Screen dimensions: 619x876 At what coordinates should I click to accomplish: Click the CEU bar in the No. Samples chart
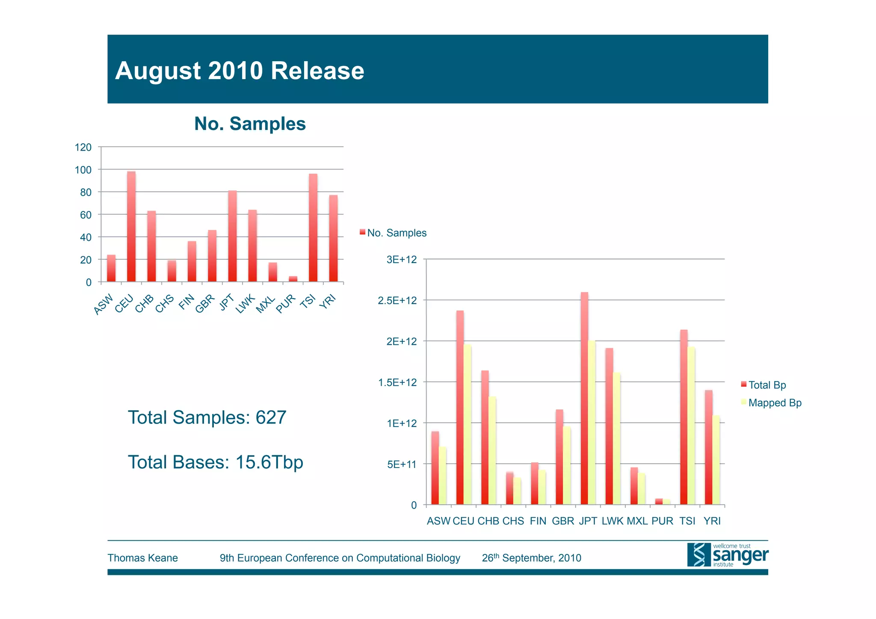[x=131, y=227]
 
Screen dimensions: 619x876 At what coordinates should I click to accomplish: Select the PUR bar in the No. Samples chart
[x=293, y=279]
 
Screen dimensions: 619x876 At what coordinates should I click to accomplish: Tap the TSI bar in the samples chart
[x=313, y=228]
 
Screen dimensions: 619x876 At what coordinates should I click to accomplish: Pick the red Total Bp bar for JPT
[x=584, y=398]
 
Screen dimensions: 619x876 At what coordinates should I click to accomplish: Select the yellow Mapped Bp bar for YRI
[x=716, y=460]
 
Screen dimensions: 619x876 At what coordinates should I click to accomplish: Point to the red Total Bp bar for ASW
[x=435, y=468]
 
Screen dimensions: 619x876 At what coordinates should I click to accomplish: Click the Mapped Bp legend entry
[x=774, y=403]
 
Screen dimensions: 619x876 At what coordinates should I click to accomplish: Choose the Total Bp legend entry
[x=766, y=385]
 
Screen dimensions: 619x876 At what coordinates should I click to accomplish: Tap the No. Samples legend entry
[x=396, y=233]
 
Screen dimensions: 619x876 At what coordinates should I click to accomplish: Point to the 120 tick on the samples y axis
[x=83, y=148]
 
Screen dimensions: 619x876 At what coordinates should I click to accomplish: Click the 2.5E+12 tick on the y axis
[x=397, y=301]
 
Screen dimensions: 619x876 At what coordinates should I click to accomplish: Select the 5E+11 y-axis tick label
[x=402, y=465]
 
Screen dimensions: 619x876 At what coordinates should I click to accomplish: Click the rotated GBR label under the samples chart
[x=205, y=304]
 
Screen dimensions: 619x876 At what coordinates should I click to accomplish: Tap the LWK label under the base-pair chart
[x=613, y=521]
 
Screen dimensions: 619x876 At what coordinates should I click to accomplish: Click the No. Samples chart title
[x=250, y=124]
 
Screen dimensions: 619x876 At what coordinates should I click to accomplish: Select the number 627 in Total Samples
[x=271, y=418]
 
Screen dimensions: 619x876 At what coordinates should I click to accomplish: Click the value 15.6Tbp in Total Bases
[x=269, y=462]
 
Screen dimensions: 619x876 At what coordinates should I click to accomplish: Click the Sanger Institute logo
[x=727, y=555]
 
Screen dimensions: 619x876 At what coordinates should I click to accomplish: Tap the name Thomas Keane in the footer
[x=142, y=558]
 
